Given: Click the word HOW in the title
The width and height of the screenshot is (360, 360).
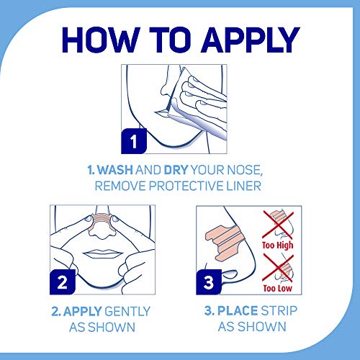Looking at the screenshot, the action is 101,40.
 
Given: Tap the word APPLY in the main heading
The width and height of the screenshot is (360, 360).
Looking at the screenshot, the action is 251,40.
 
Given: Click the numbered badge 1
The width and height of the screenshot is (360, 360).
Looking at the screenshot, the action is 134,141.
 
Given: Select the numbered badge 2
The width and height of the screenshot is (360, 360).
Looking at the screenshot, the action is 63,282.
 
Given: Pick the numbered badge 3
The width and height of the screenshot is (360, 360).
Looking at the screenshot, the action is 209,282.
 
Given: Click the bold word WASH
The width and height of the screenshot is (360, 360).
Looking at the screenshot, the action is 115,170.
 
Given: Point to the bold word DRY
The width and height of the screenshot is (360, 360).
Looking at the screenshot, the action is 176,170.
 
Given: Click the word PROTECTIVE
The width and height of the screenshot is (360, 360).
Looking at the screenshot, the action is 186,186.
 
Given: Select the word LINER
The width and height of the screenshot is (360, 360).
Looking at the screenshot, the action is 244,186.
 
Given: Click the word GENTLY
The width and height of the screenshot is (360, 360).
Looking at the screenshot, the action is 127,311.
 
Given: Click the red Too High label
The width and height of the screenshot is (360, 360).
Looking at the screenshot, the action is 278,246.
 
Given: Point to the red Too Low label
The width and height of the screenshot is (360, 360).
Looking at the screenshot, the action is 278,288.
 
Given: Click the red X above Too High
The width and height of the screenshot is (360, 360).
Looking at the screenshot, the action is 278,225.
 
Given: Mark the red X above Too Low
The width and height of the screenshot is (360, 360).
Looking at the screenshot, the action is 278,268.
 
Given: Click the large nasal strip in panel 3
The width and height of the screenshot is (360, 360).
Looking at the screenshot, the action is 223,243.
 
